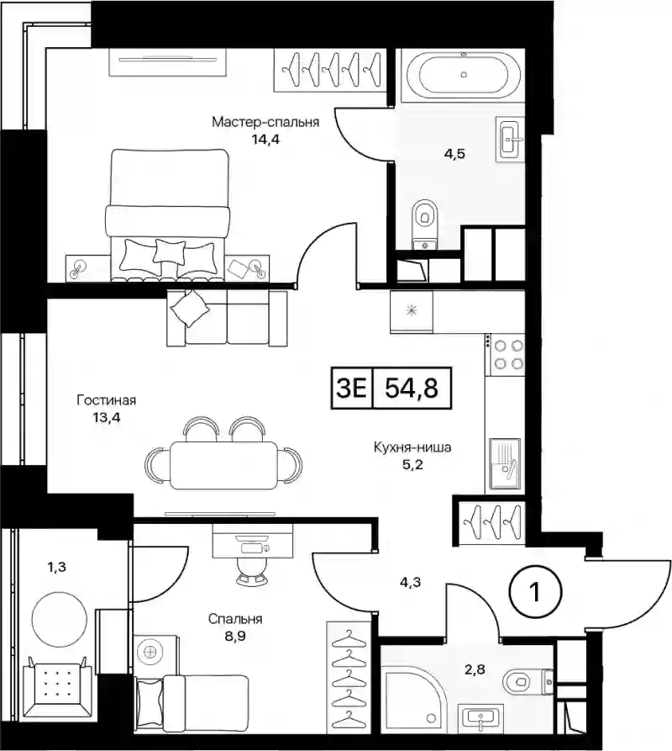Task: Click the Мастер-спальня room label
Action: click(x=265, y=122)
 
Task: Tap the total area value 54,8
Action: click(x=412, y=388)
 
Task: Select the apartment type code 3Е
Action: click(x=352, y=388)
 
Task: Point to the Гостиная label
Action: click(x=106, y=400)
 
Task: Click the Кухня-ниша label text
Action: click(x=412, y=447)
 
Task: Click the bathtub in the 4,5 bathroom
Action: click(x=463, y=75)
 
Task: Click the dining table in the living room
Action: click(x=223, y=465)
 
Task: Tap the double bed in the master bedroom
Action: click(x=167, y=214)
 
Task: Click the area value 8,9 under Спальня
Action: click(x=235, y=637)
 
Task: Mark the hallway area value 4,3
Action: click(x=411, y=583)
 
